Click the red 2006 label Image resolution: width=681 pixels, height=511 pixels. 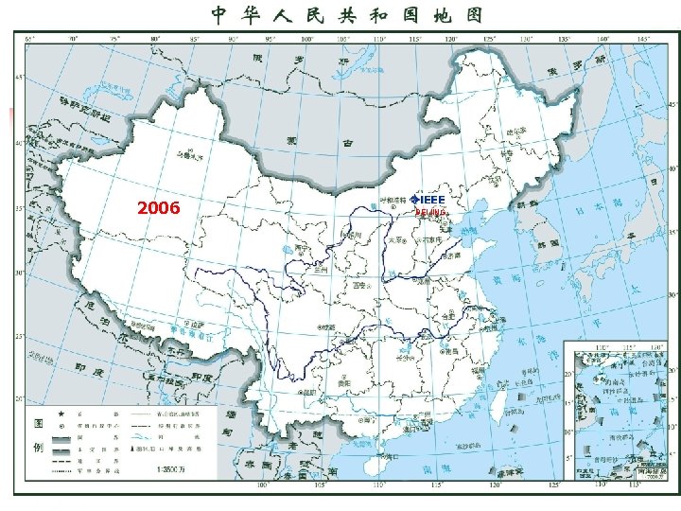pyautogui.click(x=159, y=208)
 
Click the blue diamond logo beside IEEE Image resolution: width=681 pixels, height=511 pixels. pyautogui.click(x=415, y=200)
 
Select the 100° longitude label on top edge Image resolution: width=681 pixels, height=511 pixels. pyautogui.click(x=306, y=39)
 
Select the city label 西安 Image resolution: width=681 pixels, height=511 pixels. pyautogui.click(x=358, y=284)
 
